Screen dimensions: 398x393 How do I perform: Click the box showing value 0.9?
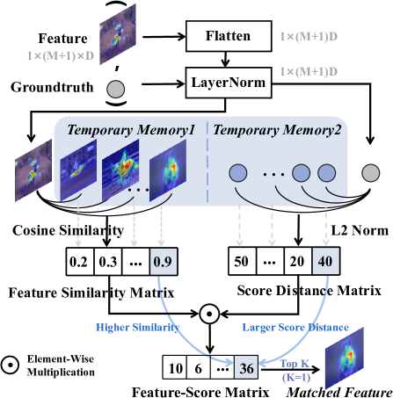pos(162,260)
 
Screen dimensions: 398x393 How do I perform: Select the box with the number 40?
pos(326,260)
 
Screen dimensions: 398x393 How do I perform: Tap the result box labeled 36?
pos(246,369)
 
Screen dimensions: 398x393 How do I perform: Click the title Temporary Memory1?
pos(130,129)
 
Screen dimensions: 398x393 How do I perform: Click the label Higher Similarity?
pos(137,327)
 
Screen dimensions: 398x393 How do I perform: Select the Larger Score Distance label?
pos(295,327)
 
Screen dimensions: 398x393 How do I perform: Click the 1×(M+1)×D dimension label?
pos(58,54)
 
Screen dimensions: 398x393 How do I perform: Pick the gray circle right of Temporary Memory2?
pos(370,172)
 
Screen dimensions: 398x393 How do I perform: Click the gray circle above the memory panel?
pos(115,90)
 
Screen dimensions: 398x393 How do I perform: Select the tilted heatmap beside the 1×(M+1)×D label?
pos(118,34)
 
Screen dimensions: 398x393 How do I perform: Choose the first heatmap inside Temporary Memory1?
pos(76,172)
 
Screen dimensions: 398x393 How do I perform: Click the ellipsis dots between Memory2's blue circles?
pos(273,174)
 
